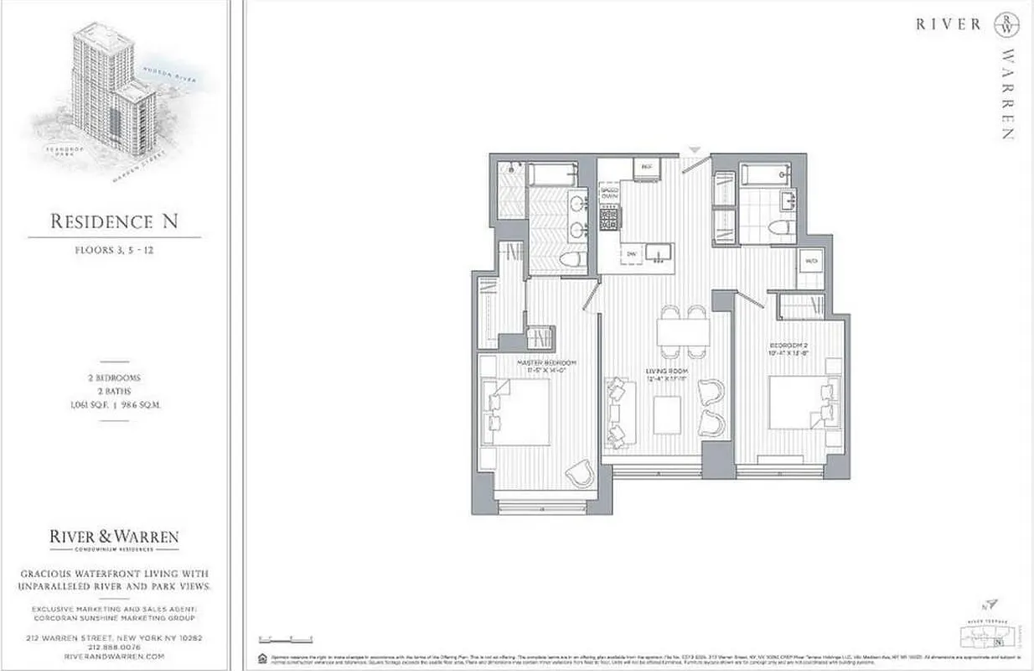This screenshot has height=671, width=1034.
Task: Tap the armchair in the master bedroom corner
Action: click(x=578, y=475)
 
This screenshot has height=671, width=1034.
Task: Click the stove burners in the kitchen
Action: click(x=608, y=220)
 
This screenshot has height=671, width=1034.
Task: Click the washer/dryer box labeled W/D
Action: click(x=810, y=261)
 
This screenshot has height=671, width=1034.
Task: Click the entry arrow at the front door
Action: click(x=693, y=150)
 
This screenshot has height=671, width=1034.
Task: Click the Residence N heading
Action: click(x=114, y=221)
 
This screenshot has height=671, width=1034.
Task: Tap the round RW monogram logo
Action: click(x=1006, y=24)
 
